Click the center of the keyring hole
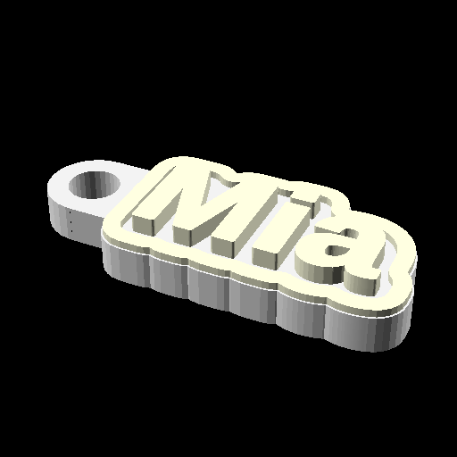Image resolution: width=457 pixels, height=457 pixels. click(x=95, y=185)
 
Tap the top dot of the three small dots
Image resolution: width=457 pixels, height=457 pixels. click(x=71, y=212)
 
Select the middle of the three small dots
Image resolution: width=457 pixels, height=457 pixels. click(x=71, y=222)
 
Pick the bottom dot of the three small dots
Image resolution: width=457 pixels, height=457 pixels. click(x=71, y=231)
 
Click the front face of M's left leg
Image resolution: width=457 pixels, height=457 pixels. click(x=143, y=225)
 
